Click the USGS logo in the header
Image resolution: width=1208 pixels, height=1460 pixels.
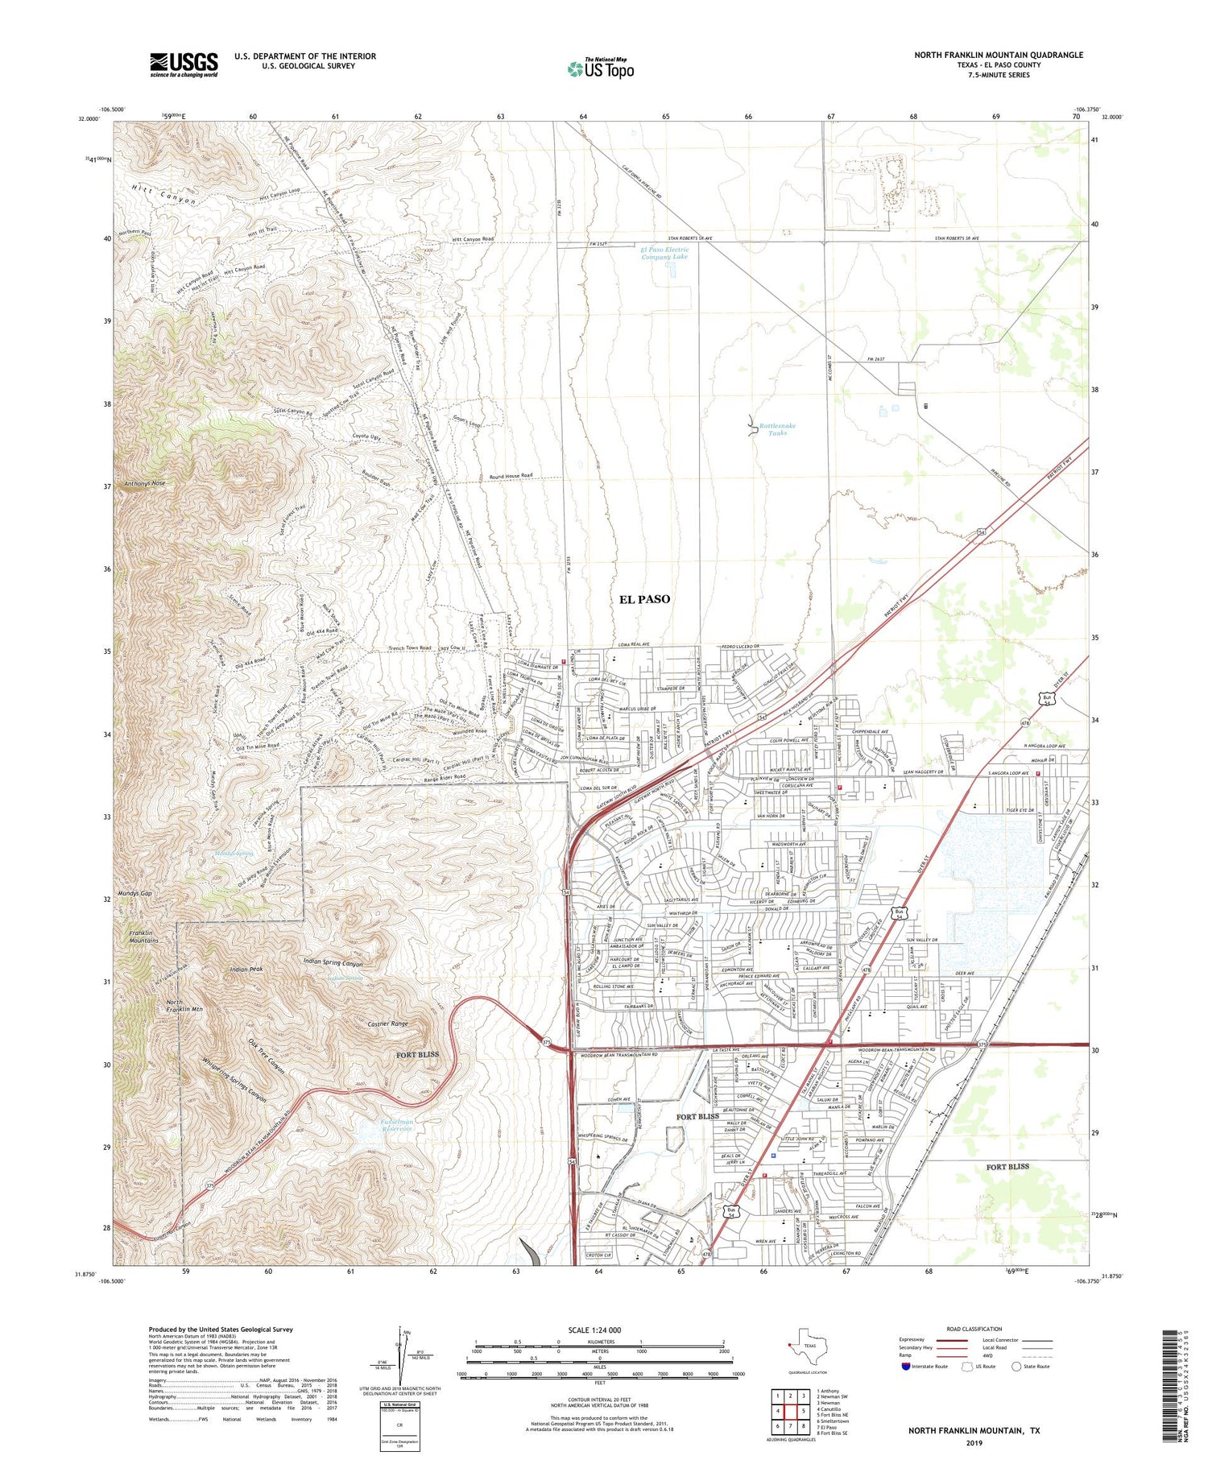click(x=184, y=64)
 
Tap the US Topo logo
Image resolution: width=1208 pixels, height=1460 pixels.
click(x=601, y=68)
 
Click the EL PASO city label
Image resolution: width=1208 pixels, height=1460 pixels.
click(x=644, y=599)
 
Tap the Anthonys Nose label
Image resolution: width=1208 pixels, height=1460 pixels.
click(x=145, y=483)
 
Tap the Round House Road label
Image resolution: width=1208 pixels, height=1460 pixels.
click(x=511, y=476)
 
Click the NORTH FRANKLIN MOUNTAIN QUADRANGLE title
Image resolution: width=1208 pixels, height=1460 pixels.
click(x=998, y=55)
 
